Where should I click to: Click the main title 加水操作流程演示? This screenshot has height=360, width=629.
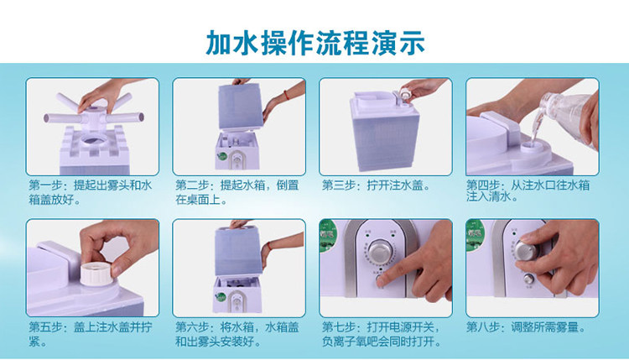click(315, 43)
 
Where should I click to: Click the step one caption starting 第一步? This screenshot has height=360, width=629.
click(91, 192)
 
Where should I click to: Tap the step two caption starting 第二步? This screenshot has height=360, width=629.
click(237, 192)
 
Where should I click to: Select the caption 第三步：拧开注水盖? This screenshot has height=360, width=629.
click(377, 185)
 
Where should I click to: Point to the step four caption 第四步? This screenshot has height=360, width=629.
click(528, 190)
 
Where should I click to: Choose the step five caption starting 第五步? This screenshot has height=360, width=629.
click(91, 334)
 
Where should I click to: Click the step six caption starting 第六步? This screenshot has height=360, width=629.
click(237, 334)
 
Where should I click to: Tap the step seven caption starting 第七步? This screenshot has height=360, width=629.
click(382, 334)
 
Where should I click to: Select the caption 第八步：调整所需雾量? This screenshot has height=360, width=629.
click(526, 327)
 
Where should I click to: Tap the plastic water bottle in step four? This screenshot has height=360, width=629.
click(567, 117)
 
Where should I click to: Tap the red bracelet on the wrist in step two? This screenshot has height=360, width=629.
click(286, 96)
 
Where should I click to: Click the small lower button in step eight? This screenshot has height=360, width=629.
click(528, 279)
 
